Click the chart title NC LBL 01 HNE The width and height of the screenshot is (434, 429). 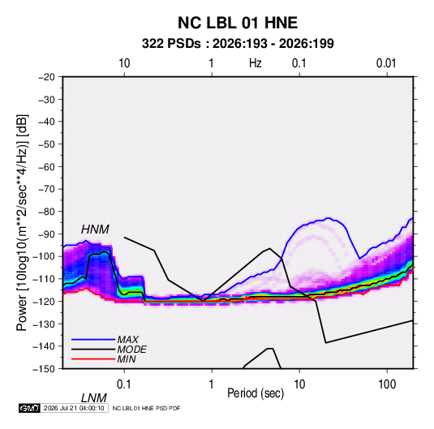click(238, 23)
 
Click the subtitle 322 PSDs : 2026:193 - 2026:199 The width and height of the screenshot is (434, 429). click(238, 44)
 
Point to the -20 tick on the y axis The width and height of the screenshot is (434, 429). click(46, 77)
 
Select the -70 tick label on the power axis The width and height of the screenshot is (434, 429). click(46, 189)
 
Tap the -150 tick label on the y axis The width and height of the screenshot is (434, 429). click(44, 369)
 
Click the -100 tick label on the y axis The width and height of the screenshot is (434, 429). click(44, 256)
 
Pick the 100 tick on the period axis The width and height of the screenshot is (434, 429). click(387, 384)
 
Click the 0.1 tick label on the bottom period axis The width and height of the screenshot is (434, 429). click(124, 384)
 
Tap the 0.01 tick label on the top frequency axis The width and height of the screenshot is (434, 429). click(386, 63)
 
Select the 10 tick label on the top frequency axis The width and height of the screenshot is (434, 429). click(124, 63)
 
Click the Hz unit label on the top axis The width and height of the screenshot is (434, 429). click(256, 63)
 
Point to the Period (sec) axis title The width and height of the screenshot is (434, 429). click(256, 393)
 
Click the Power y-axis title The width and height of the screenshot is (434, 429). click(22, 222)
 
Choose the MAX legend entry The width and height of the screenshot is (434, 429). click(128, 340)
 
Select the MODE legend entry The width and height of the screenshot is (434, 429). click(131, 350)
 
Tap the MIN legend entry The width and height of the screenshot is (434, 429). click(127, 359)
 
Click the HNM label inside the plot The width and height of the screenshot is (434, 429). click(95, 230)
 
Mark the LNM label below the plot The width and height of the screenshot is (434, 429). click(93, 398)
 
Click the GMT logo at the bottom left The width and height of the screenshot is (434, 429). click(29, 408)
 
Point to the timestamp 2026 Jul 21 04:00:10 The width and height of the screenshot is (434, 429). click(74, 408)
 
